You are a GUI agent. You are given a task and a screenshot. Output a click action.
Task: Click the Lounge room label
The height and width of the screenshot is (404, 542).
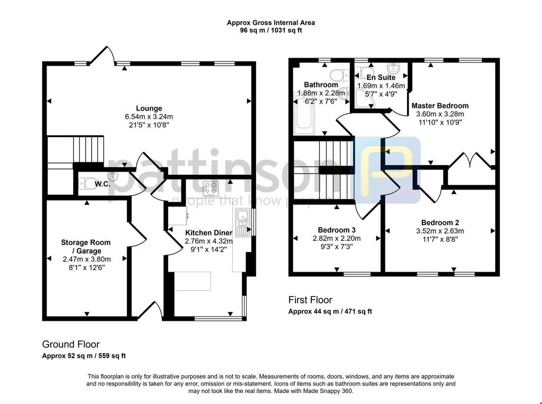[149, 108]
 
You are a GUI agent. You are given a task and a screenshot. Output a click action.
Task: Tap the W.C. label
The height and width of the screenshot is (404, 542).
[103, 184]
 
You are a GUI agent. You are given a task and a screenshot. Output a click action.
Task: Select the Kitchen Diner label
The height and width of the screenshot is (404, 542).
[209, 233]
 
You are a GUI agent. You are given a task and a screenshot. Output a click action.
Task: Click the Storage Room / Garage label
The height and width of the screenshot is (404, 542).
[86, 247]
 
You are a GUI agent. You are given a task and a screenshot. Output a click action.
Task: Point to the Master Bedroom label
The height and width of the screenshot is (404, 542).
[440, 106]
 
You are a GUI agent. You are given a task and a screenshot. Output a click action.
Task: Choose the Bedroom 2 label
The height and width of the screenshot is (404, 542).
[440, 223]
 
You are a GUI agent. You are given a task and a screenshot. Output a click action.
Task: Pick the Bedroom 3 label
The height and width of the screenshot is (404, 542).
[337, 230]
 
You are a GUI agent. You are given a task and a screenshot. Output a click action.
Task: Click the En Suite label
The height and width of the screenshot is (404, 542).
[381, 77]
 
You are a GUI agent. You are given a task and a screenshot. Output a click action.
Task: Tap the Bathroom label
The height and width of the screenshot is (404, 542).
[321, 85]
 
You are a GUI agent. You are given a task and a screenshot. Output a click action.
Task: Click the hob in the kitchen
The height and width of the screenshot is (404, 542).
[211, 188]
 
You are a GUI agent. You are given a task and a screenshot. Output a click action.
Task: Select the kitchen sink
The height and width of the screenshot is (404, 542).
[243, 222]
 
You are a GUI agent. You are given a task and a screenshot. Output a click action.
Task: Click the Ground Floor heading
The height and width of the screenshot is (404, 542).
[71, 345]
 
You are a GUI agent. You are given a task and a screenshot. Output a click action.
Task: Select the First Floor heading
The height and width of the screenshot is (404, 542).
[310, 300]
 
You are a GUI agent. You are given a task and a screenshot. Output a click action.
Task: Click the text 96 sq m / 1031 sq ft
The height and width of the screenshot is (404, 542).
[271, 30]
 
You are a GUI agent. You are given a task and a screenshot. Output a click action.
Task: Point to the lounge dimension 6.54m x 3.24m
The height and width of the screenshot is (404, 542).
[149, 117]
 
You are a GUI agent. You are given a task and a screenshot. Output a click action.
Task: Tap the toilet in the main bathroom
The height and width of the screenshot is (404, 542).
[340, 74]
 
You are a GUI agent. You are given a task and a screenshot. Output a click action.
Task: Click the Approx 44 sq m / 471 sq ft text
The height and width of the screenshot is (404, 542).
[330, 311]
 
